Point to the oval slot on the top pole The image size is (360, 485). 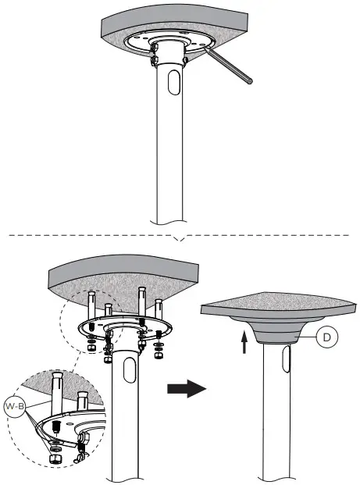(x=171, y=84)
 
